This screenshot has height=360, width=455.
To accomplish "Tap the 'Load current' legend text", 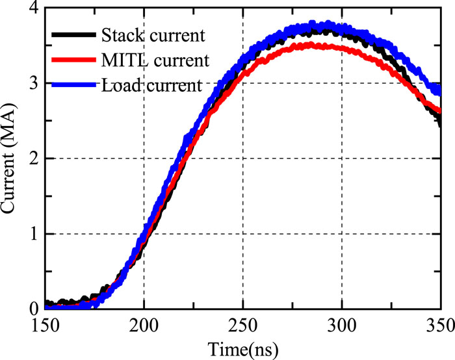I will [x=151, y=85].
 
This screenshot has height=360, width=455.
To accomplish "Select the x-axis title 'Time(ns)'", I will [x=243, y=348].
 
